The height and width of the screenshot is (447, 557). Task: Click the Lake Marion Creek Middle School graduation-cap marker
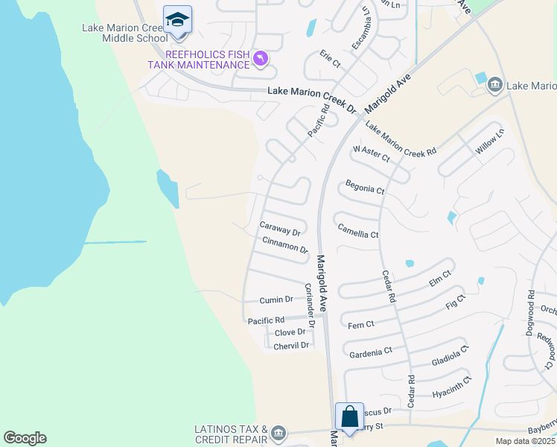click(x=177, y=19)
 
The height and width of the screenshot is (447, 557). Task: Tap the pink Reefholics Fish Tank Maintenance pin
click(x=260, y=57)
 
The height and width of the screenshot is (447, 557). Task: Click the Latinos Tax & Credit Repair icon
click(x=278, y=432)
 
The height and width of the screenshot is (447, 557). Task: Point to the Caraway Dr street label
click(x=279, y=228)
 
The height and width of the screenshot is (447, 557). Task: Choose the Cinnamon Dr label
click(x=285, y=244)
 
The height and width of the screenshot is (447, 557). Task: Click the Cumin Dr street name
click(x=276, y=299)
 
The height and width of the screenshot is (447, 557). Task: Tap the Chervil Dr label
click(x=291, y=346)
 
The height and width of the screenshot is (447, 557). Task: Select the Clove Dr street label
click(x=290, y=332)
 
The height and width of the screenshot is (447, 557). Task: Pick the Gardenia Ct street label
click(x=370, y=352)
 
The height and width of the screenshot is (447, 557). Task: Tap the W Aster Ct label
click(x=372, y=154)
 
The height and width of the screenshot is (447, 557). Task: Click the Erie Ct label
click(x=330, y=59)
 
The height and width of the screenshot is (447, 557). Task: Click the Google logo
click(x=25, y=438)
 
